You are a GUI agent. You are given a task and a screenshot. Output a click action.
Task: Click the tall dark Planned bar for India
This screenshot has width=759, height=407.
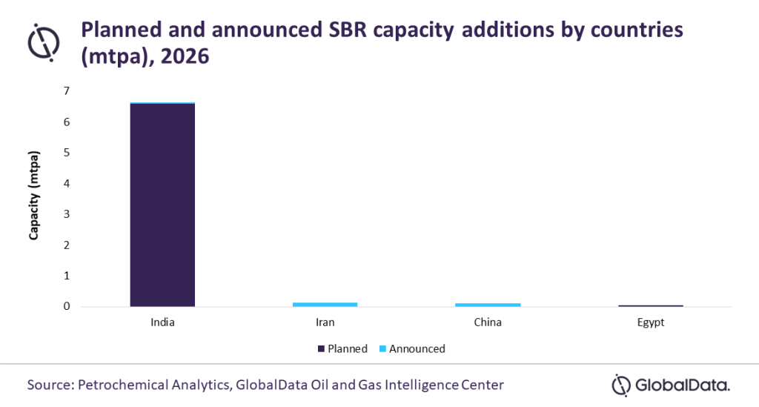[162, 205]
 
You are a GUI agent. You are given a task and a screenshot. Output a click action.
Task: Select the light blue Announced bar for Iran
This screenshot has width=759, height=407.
[325, 305]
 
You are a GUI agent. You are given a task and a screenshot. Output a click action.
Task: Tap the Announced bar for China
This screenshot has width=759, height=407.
[488, 305]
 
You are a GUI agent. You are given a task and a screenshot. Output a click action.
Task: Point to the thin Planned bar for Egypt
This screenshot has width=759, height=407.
[651, 306]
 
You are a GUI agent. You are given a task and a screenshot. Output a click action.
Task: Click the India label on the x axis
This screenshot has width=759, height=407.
[162, 322]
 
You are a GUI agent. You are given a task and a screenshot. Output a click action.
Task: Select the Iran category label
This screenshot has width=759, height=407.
[325, 322]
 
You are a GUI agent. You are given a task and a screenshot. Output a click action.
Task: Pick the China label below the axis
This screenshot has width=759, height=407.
[488, 322]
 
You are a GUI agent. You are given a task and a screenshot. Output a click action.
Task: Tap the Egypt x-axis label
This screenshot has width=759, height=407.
[651, 322]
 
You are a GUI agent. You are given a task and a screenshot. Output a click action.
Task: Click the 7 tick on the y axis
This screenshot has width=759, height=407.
[67, 91]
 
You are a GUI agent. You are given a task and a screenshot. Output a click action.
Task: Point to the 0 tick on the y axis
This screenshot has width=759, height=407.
[67, 306]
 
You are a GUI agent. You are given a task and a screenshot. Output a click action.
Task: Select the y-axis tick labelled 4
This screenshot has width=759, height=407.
[67, 183]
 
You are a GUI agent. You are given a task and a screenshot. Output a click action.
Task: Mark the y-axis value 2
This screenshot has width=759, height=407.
[67, 245]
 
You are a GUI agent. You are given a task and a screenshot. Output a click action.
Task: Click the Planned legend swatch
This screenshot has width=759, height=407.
[321, 349]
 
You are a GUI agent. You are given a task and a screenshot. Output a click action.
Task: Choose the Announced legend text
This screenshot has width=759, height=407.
[417, 349]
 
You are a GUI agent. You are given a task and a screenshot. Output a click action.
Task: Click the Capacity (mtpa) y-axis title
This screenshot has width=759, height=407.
[33, 196]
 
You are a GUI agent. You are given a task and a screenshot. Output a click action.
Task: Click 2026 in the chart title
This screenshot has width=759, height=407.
[185, 56]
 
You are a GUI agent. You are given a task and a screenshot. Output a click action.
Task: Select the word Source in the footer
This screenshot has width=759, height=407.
[49, 385]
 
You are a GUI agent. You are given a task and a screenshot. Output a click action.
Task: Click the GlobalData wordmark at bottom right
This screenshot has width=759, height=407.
[682, 386]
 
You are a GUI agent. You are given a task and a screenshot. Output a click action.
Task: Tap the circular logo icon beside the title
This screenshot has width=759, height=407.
[44, 42]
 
